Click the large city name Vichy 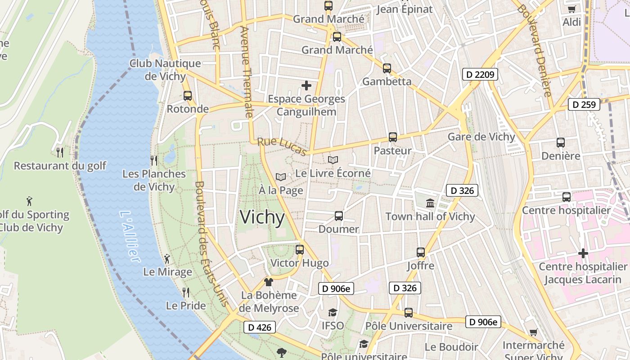[x=262, y=217]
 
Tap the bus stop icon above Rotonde [x=188, y=96]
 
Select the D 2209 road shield [x=481, y=74]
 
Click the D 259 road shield [x=584, y=105]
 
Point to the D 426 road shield [x=260, y=327]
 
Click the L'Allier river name [x=130, y=236]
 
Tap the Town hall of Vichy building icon [x=430, y=203]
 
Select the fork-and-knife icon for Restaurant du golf [x=59, y=153]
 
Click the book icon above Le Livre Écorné [x=333, y=160]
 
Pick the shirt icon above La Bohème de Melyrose [x=269, y=282]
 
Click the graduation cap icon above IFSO [x=333, y=313]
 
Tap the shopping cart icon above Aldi [x=571, y=9]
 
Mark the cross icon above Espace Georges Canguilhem [x=306, y=85]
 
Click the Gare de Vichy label [x=481, y=137]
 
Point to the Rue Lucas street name [x=282, y=147]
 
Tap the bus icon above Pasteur [x=393, y=137]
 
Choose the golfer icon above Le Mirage [x=167, y=259]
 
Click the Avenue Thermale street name [x=247, y=72]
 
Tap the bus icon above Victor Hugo [x=300, y=250]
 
